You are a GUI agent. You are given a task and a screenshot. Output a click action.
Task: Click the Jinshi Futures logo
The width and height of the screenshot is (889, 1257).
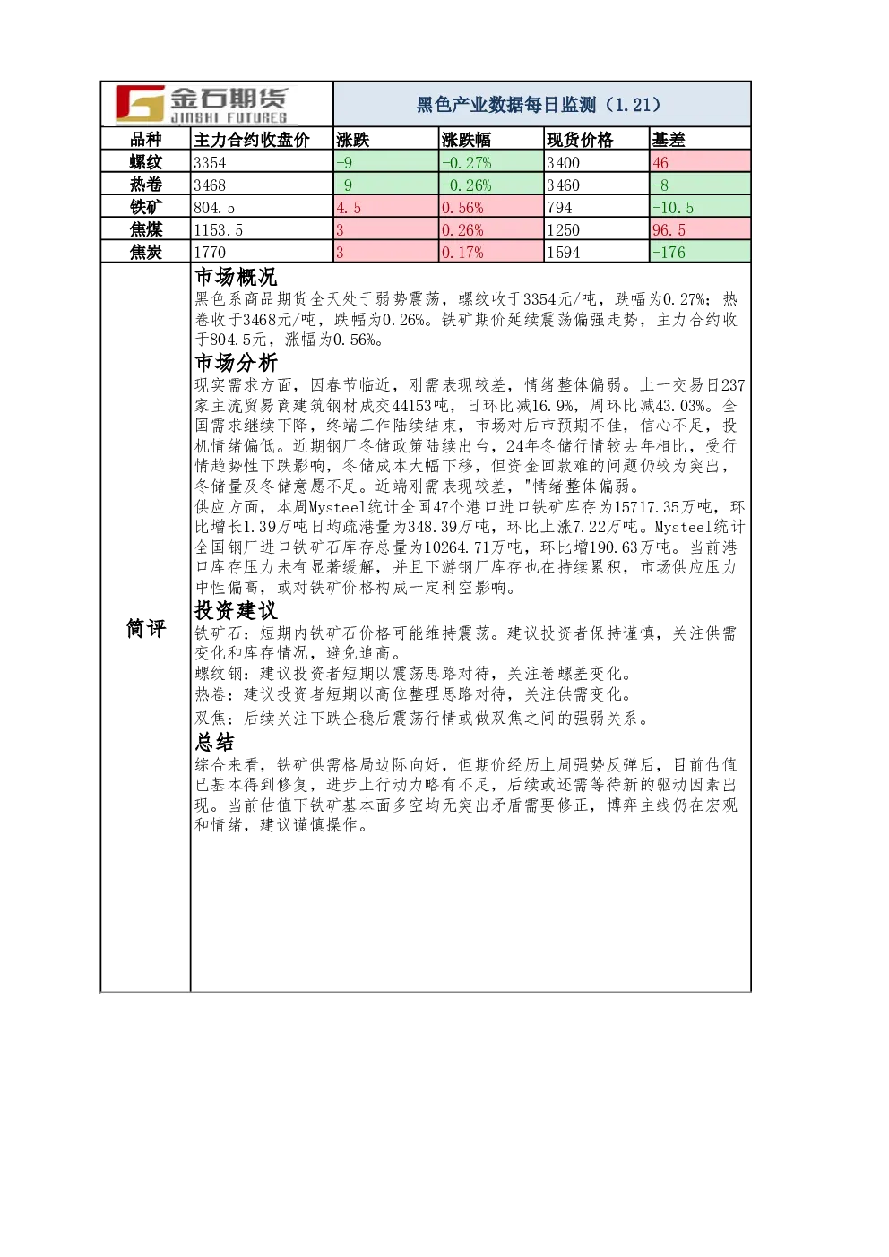click(x=202, y=104)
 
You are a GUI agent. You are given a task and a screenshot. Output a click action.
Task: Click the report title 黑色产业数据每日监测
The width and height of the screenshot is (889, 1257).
click(x=505, y=104)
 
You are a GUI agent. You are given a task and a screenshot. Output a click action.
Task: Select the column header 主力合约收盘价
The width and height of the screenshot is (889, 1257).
click(x=252, y=139)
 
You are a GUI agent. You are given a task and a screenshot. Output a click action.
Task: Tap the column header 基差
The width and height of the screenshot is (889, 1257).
click(x=669, y=139)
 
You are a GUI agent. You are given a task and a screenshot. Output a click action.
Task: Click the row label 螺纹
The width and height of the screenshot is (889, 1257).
click(x=146, y=161)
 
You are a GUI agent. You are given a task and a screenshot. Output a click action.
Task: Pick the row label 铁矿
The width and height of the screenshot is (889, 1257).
click(x=146, y=206)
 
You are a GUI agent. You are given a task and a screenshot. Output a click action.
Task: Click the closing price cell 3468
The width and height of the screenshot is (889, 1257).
click(x=210, y=185)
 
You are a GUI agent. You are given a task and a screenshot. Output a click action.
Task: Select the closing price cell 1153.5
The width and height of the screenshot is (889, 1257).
click(x=218, y=229)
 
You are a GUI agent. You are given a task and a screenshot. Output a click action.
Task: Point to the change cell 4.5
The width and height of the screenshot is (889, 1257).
click(x=349, y=207)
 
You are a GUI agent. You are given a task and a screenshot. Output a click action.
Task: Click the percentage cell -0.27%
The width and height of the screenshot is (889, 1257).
click(x=466, y=162)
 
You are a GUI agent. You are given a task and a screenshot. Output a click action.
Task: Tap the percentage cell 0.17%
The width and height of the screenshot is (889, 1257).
click(x=462, y=252)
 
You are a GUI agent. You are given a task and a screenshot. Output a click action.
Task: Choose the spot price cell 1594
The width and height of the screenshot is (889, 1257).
click(x=564, y=252)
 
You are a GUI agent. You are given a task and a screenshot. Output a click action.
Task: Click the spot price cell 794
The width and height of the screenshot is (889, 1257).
click(x=559, y=207)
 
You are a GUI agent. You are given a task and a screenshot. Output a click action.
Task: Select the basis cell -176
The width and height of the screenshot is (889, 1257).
click(x=669, y=252)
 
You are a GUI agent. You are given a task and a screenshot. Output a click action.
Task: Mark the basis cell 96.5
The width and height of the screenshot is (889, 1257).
click(x=669, y=229)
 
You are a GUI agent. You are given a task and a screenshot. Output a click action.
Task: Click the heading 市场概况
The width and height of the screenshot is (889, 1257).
click(x=236, y=277)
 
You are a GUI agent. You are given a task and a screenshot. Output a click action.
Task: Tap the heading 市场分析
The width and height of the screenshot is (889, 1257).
click(x=236, y=363)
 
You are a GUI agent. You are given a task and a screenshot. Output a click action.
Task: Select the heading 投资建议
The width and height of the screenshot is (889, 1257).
click(x=236, y=610)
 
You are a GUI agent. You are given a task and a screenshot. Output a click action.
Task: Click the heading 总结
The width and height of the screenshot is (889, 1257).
click(x=214, y=742)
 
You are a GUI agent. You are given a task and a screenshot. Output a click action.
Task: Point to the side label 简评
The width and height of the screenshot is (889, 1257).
click(x=146, y=628)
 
